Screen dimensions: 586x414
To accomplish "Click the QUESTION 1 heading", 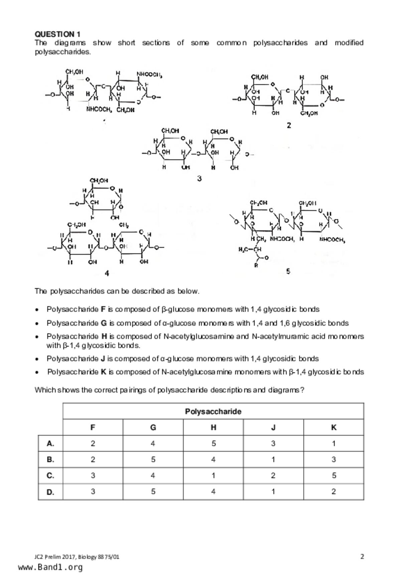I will click(x=57, y=34).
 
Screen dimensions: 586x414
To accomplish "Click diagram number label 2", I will click(x=289, y=125).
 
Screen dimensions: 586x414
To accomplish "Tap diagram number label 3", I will click(x=199, y=178).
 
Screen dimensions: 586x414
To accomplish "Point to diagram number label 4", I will click(x=107, y=273).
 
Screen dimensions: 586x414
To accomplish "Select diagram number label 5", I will click(x=288, y=271).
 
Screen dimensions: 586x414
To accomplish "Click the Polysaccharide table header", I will click(x=213, y=411).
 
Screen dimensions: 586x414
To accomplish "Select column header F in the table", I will click(x=93, y=427).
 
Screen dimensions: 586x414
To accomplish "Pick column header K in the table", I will click(x=333, y=427).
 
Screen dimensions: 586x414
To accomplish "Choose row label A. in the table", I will click(x=50, y=443).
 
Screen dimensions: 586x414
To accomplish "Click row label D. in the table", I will click(x=50, y=492).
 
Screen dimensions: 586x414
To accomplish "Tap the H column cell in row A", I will click(x=213, y=443).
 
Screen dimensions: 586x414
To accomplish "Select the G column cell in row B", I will click(x=153, y=459).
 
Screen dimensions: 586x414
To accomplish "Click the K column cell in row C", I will click(x=333, y=475).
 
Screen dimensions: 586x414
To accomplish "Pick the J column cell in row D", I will click(x=273, y=491).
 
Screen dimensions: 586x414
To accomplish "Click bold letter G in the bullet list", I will click(x=104, y=323).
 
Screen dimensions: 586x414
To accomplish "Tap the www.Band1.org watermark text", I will click(x=50, y=567).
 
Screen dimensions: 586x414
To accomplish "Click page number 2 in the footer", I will click(x=362, y=556).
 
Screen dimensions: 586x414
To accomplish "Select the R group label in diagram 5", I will click(x=256, y=266).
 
